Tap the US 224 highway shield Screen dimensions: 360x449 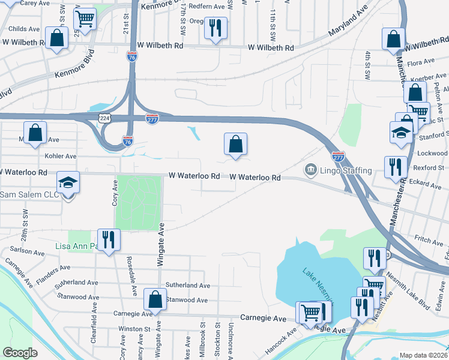click(105, 119)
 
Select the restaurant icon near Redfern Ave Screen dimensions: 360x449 click(215, 27)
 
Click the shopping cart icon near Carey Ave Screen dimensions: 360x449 click(85, 19)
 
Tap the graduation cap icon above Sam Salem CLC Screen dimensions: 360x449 click(68, 182)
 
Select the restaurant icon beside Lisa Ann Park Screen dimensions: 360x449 click(109, 239)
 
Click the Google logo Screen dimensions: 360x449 click(20, 352)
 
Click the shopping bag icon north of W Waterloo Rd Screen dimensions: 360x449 click(236, 143)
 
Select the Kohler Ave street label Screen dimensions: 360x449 click(60, 156)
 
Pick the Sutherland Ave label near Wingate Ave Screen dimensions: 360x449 click(187, 286)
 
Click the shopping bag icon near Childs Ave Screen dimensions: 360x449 click(56, 38)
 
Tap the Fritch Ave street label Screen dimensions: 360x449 click(429, 240)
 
